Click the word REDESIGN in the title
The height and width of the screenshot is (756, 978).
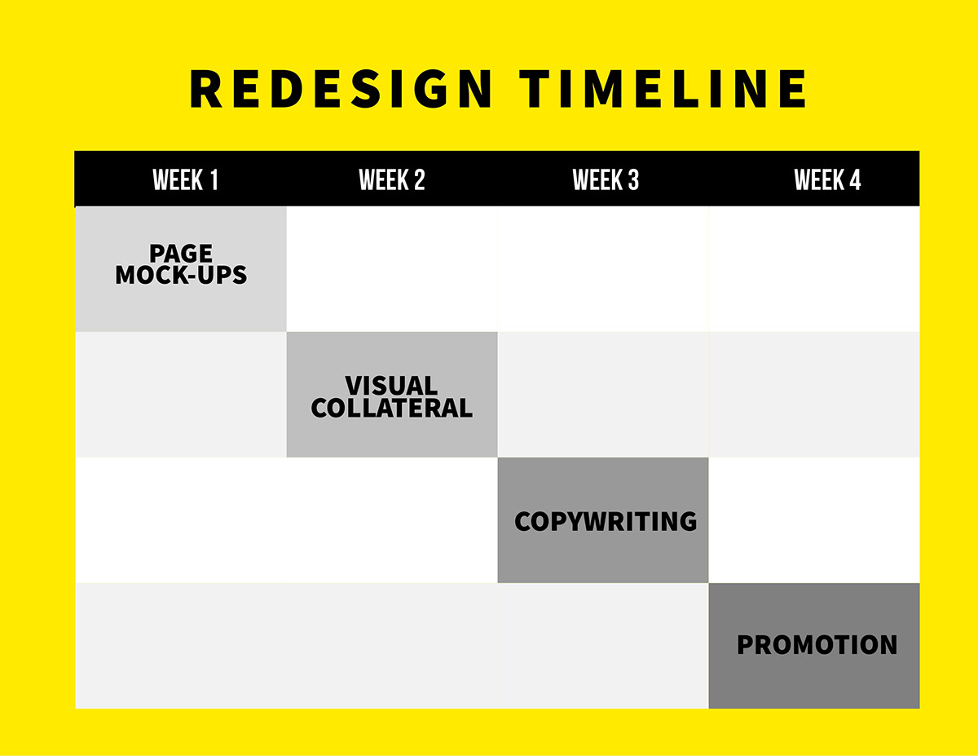tap(341, 88)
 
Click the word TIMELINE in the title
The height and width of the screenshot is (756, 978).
tap(663, 88)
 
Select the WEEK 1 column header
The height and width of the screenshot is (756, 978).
tap(186, 179)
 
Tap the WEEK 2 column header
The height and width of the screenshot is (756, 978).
tap(392, 179)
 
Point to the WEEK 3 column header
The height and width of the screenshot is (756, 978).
tap(606, 179)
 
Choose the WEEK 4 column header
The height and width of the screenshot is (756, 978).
tap(827, 179)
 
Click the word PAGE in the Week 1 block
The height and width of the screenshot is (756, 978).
tap(181, 253)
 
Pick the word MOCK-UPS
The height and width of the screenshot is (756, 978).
tap(181, 275)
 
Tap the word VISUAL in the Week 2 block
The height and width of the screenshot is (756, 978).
tap(391, 386)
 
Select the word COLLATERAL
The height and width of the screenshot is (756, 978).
tap(391, 408)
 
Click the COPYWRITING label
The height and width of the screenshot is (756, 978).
tap(606, 521)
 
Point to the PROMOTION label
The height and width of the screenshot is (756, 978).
tap(817, 645)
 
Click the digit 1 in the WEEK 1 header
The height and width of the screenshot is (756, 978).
tap(214, 179)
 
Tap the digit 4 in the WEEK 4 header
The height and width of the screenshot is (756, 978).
tap(855, 179)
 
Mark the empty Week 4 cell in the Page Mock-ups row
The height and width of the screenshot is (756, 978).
tap(814, 269)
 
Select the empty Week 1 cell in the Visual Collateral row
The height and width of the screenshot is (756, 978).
tap(181, 395)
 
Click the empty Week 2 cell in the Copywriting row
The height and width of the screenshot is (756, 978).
tap(392, 520)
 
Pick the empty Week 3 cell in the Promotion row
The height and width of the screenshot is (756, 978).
tap(603, 646)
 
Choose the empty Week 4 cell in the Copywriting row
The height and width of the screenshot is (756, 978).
tap(814, 520)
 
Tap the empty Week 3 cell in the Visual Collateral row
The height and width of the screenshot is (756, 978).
tap(603, 395)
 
